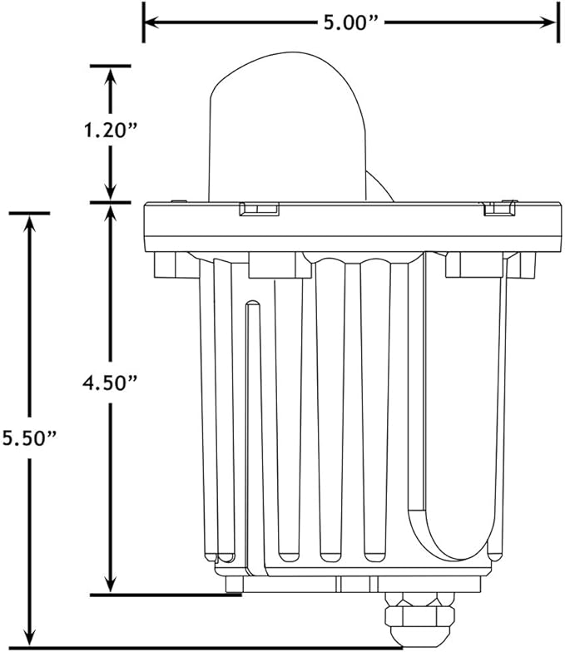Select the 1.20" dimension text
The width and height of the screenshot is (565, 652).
pyautogui.click(x=110, y=131)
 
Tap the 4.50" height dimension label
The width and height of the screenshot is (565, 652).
pyautogui.click(x=110, y=383)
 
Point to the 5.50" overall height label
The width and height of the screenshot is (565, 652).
pyautogui.click(x=28, y=438)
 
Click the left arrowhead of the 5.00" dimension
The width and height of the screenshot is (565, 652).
pyautogui.click(x=151, y=22)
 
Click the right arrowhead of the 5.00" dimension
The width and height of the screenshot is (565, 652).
pyautogui.click(x=548, y=22)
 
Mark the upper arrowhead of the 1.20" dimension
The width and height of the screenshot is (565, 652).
pyautogui.click(x=110, y=75)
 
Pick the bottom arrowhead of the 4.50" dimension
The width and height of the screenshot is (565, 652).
pyautogui.click(x=110, y=585)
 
